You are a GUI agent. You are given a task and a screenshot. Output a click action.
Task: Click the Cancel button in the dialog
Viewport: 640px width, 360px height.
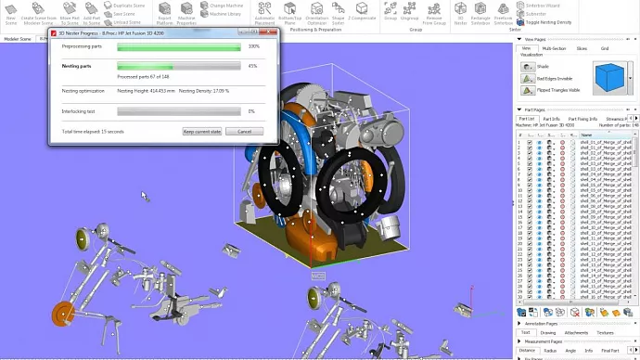245,132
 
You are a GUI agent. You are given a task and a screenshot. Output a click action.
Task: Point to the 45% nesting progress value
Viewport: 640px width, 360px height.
253,66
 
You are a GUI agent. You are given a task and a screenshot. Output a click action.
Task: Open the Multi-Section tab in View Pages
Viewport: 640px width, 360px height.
554,47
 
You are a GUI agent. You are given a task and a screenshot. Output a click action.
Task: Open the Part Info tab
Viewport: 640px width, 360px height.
551,119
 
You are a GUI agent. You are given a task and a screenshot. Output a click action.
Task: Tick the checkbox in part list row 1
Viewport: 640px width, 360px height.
530,143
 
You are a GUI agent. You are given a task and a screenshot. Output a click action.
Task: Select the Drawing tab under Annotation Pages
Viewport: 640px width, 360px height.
548,331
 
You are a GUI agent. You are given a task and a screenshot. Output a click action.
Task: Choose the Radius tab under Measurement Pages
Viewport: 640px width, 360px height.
550,351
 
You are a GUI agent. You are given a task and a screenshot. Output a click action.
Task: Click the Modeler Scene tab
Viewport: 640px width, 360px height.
18,39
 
